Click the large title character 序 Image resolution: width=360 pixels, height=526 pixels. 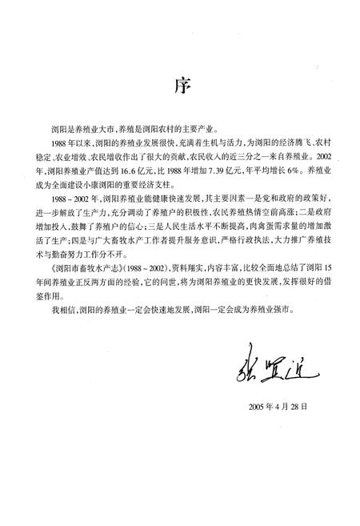(x=180, y=85)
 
